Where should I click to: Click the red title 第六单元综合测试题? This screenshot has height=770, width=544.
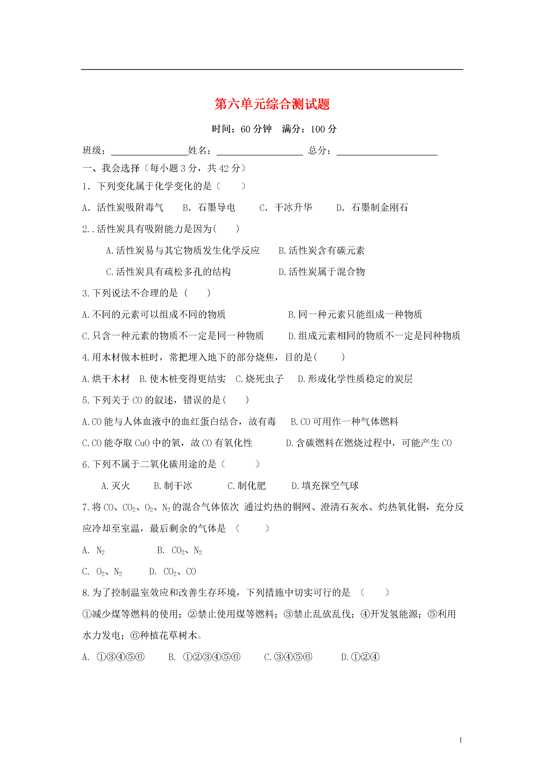(x=272, y=104)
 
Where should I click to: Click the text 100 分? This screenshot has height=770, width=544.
(x=323, y=129)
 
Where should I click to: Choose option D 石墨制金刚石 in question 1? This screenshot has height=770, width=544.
(x=372, y=208)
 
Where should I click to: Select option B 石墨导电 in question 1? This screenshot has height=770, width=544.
(x=209, y=208)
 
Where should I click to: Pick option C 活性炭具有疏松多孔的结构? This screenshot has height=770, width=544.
(x=168, y=272)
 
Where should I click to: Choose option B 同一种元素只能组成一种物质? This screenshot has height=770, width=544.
(x=355, y=314)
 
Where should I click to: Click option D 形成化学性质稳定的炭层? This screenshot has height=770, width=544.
(x=355, y=379)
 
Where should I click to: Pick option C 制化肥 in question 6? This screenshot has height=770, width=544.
(x=246, y=486)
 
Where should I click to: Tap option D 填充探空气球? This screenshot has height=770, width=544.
(x=325, y=486)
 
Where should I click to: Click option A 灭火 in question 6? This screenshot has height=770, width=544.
(x=116, y=486)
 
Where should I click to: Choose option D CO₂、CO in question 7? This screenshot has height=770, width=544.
(x=173, y=571)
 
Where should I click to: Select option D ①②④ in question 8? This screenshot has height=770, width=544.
(x=360, y=657)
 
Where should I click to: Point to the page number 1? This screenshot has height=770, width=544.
(x=461, y=740)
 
